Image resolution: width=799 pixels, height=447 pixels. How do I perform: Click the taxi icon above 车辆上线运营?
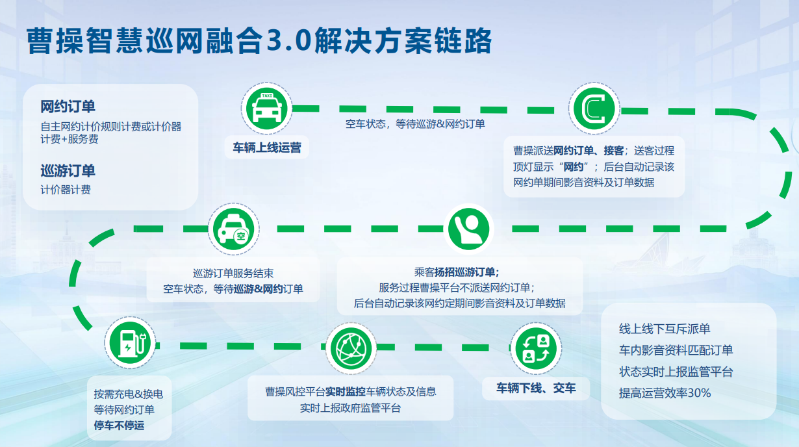pos(266,109)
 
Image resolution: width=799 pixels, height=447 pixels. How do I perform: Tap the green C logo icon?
pos(594,109)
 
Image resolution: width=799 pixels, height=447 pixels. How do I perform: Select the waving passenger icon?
pos(468,229)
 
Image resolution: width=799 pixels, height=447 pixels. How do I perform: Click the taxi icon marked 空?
pos(234,229)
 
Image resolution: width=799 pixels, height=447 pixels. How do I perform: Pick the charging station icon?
pos(130,343)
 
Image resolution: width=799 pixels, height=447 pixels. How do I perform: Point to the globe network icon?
pos(351,348)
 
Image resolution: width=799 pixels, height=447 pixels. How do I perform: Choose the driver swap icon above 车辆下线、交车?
pos(536,348)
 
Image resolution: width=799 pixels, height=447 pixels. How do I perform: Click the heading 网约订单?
pos(68,107)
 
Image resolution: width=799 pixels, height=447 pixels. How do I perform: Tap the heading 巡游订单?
pos(68,171)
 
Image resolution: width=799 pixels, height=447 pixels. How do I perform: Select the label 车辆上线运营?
pos(267,147)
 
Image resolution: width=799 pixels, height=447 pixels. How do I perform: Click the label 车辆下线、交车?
pos(536,388)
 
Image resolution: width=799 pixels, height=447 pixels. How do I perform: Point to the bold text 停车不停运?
pos(119,426)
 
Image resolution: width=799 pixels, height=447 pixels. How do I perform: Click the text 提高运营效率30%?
pos(665,393)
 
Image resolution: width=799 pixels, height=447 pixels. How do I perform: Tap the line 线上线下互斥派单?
pos(664,329)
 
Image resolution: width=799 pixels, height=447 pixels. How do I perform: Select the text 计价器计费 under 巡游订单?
pos(66,190)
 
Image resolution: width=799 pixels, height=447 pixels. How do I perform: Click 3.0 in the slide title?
pos(289,40)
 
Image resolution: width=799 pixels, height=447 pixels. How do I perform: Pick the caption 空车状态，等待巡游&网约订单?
pos(415,124)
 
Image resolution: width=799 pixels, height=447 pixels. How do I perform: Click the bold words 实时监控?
pos(346,392)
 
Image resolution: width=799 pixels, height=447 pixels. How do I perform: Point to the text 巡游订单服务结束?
pos(233,274)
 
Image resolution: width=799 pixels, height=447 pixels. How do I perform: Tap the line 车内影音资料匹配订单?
pos(676,350)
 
